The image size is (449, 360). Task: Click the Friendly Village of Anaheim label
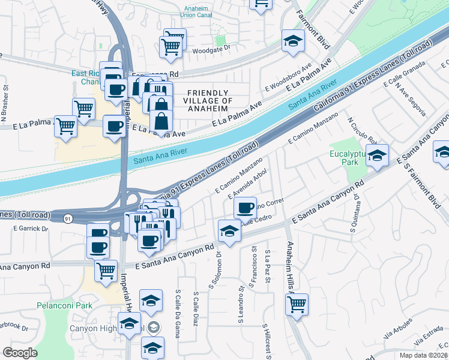(x=209, y=100)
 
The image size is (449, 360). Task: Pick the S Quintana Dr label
(x=354, y=213)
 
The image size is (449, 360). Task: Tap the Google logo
(x=20, y=352)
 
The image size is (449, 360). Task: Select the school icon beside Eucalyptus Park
(x=377, y=155)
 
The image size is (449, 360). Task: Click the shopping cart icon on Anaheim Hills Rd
(x=297, y=304)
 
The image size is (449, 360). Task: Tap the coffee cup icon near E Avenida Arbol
(x=245, y=208)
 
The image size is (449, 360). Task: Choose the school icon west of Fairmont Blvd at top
(x=293, y=40)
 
